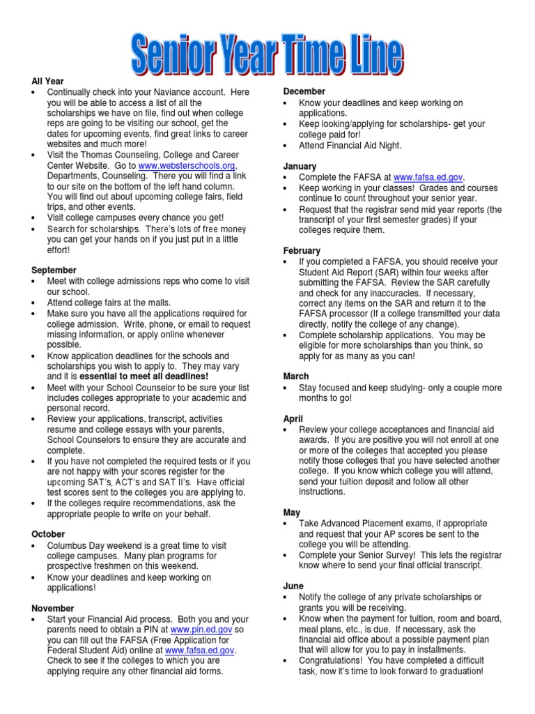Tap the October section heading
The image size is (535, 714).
[48, 533]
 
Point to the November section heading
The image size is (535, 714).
[53, 609]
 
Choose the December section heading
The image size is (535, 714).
[304, 91]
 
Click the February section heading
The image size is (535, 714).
[302, 250]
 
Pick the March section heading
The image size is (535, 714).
[296, 376]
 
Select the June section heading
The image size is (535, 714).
[293, 586]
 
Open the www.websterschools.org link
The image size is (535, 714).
[187, 165]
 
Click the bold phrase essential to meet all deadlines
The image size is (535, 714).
[148, 376]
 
